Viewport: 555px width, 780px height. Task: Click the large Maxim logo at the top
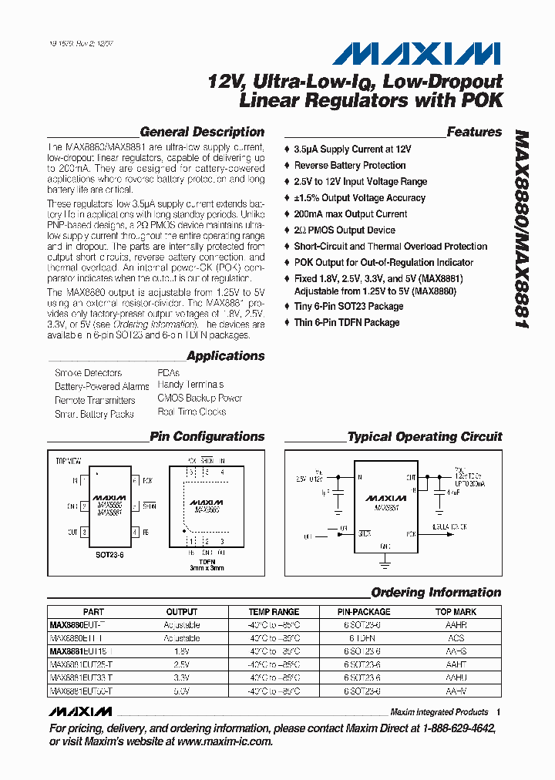(417, 53)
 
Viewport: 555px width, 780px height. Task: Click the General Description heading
(202, 132)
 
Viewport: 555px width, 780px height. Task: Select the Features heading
(474, 132)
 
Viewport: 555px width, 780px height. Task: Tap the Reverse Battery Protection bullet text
(349, 166)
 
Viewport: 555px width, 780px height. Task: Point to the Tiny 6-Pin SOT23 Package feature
(348, 306)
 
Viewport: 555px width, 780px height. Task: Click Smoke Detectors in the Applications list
(88, 373)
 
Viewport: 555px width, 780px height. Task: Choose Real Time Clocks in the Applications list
(192, 412)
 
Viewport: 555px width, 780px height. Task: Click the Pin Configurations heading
(207, 436)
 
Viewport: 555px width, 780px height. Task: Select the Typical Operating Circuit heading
(425, 437)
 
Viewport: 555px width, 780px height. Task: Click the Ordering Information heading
(436, 593)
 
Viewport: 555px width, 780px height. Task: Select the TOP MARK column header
(456, 611)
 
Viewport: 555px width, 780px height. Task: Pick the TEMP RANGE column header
(274, 611)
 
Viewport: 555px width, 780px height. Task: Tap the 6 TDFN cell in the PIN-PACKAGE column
(364, 638)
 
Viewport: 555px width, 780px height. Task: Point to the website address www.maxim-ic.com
(224, 741)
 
